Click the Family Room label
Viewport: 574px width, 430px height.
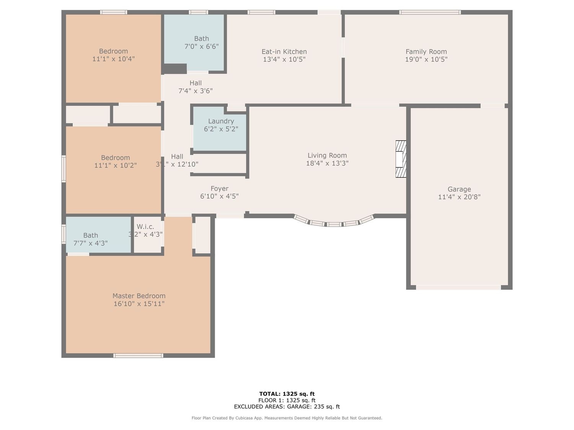426,52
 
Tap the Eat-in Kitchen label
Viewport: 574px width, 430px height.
284,52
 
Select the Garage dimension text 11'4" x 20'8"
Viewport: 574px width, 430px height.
459,197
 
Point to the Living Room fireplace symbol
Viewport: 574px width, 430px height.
401,159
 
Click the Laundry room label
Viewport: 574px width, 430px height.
221,122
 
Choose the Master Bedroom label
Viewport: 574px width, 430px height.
139,296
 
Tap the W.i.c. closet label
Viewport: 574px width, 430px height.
145,227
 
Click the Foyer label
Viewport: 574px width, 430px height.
219,189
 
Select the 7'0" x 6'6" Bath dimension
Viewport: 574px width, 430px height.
201,47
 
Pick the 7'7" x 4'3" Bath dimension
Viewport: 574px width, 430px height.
90,243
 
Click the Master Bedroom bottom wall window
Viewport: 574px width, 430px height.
138,355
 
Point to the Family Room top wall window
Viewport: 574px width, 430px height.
430,12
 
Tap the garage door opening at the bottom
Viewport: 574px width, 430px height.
458,287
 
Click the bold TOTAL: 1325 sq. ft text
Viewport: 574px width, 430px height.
287,394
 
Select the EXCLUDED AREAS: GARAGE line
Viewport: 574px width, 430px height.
287,407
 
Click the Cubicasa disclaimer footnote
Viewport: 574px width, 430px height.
287,418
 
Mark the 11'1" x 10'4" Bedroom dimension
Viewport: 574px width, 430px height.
113,59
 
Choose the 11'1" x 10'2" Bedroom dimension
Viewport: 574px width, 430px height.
115,166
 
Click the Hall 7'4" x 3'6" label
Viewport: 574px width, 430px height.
195,87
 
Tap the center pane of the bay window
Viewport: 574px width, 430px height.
334,224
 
